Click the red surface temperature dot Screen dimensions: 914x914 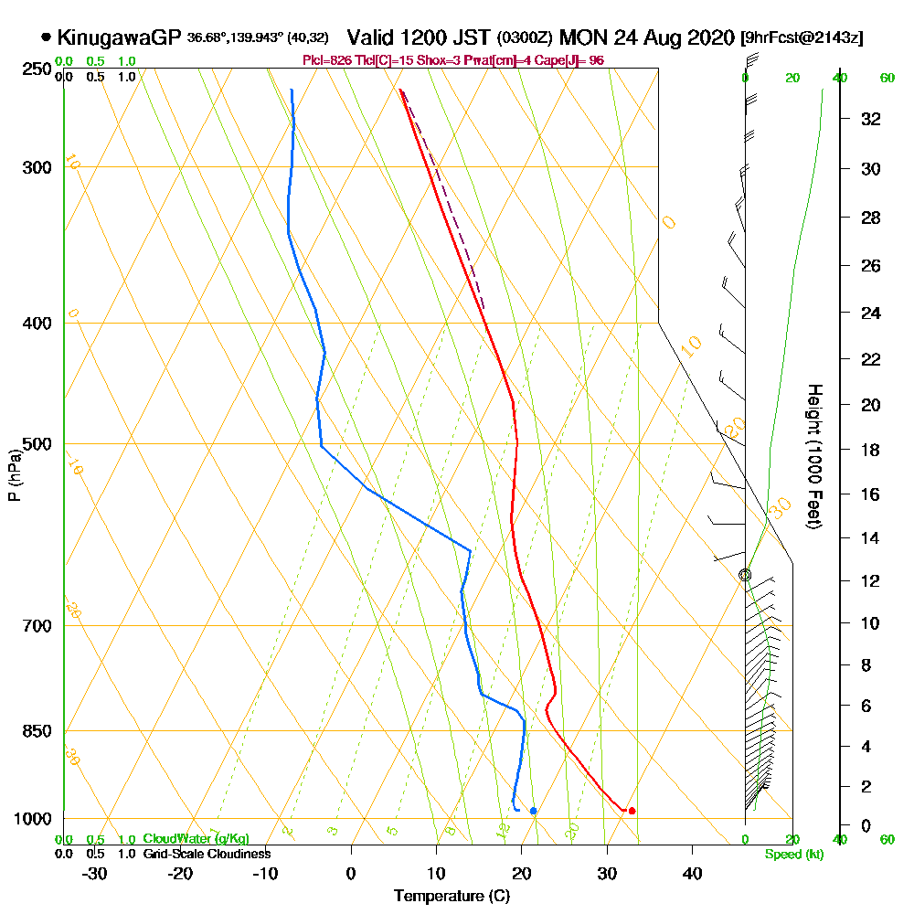click(x=632, y=811)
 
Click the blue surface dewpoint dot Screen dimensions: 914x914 click(x=533, y=811)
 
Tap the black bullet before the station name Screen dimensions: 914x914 click(x=46, y=37)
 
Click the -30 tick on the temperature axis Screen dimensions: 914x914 click(x=95, y=874)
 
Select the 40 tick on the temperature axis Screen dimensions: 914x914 click(x=692, y=874)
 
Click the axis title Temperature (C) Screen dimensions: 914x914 click(x=452, y=897)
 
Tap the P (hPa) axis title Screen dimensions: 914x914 click(x=14, y=475)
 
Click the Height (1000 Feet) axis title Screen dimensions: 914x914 click(x=813, y=456)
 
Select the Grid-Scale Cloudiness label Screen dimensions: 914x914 click(x=207, y=854)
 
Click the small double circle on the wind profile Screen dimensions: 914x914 click(x=745, y=575)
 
